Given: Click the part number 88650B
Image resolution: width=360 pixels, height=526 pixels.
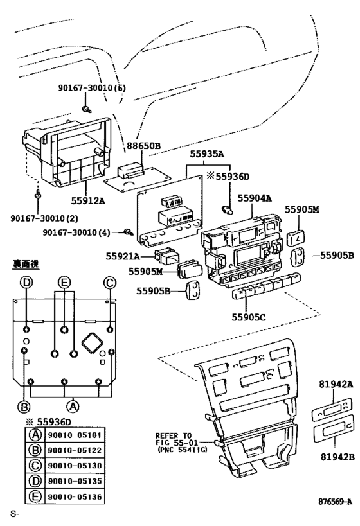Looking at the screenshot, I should click(142, 146).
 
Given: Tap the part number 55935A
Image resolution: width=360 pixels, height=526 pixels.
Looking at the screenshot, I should click(206, 154).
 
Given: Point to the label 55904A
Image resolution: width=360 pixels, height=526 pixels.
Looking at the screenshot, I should click(255, 199).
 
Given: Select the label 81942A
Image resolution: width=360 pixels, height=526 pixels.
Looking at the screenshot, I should click(336, 384).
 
